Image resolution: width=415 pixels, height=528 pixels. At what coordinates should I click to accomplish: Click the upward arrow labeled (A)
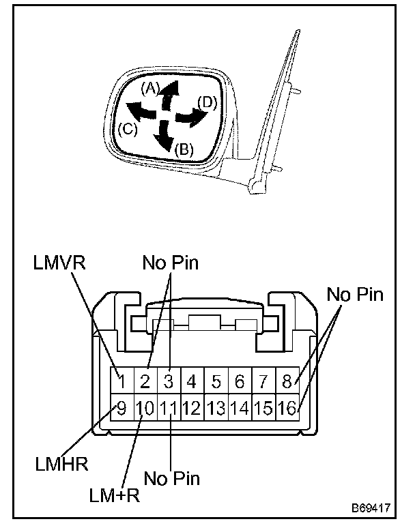point(171,93)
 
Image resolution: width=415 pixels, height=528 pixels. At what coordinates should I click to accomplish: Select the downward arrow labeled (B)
point(164,136)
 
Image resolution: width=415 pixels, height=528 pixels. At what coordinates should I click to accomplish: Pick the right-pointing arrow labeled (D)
point(190,118)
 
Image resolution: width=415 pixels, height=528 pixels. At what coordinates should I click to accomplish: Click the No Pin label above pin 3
point(170,264)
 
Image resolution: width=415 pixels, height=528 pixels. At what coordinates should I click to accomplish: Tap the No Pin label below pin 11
point(172,479)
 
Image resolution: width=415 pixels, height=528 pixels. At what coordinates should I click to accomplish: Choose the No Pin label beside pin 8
point(356,295)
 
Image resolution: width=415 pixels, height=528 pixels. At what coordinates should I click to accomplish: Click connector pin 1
point(121,381)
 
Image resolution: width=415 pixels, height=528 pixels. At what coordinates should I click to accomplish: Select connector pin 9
point(121,409)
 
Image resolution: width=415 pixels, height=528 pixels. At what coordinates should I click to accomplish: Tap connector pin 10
point(145,409)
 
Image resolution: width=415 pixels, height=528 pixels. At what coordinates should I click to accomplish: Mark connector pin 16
point(287,409)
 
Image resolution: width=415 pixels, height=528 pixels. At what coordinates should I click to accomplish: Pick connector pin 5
point(215,381)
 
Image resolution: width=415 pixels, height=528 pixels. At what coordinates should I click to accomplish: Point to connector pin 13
point(216,409)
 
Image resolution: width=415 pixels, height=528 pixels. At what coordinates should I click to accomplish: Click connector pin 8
point(287,381)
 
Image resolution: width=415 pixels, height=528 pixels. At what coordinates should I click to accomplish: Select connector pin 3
point(169,381)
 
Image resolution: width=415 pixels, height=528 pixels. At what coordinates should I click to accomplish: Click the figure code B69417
point(371,509)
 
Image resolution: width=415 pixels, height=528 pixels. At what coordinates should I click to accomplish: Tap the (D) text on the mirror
point(207,102)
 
